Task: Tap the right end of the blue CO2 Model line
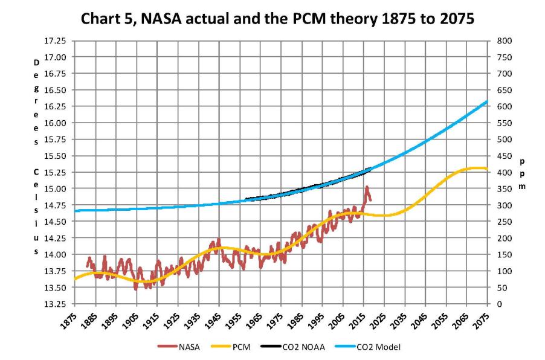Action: pos(487,101)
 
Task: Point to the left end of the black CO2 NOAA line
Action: pos(247,199)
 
